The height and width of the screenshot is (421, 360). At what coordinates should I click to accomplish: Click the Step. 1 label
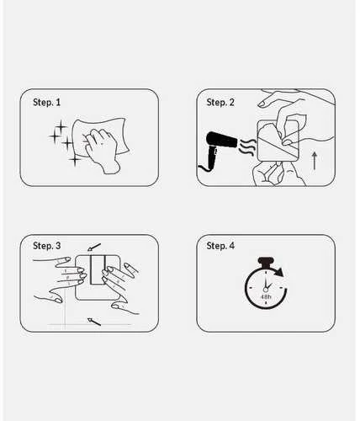click(46, 102)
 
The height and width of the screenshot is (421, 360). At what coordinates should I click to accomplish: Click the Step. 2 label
click(220, 102)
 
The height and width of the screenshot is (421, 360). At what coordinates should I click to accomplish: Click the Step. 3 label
click(46, 246)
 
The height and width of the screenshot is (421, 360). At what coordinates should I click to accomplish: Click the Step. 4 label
click(220, 246)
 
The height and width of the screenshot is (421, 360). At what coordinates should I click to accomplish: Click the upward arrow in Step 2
click(315, 161)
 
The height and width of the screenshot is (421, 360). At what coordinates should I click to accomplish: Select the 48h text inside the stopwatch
click(265, 296)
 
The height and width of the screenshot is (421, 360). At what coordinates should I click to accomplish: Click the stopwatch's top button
click(265, 262)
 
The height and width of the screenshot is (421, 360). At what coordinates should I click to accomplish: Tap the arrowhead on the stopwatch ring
click(279, 272)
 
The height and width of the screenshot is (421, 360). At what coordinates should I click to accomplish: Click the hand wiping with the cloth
click(102, 150)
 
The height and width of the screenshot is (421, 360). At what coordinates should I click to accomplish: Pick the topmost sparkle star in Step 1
click(61, 126)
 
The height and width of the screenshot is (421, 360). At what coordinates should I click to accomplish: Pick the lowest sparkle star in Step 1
click(75, 160)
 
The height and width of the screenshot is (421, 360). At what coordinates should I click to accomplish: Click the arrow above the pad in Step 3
click(94, 248)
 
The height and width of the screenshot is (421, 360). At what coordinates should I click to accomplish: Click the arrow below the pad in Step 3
click(94, 322)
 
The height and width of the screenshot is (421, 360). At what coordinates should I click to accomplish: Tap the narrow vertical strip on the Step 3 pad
click(98, 270)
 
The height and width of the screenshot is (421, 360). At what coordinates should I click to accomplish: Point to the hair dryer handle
click(212, 158)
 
